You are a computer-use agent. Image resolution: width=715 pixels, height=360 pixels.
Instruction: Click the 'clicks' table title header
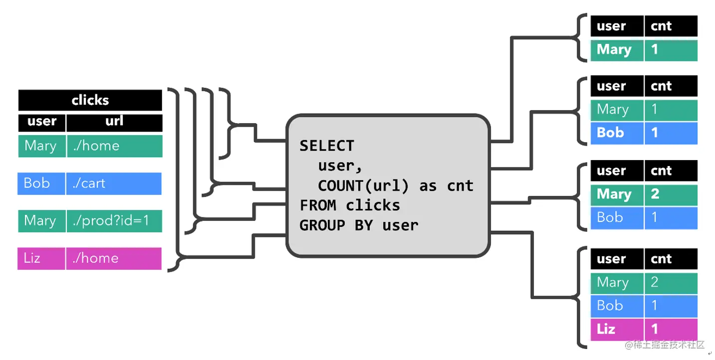[90, 100]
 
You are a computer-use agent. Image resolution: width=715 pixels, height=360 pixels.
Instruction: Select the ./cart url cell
[114, 183]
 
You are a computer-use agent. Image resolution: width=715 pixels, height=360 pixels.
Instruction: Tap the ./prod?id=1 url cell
[114, 221]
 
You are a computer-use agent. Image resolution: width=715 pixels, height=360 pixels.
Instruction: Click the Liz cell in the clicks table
[41, 258]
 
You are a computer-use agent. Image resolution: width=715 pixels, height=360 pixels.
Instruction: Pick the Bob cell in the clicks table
[41, 183]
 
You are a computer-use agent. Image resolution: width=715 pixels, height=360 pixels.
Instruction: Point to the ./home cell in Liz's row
[114, 258]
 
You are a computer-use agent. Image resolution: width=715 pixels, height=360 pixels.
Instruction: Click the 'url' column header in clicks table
[114, 121]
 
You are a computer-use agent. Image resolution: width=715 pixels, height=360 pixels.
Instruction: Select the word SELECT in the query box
[327, 146]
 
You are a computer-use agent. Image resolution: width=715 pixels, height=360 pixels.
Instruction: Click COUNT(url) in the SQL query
[363, 185]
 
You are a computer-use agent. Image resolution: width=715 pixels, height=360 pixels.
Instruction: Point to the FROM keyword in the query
[317, 205]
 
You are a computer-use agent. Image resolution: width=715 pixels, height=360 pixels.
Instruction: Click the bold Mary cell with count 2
[617, 194]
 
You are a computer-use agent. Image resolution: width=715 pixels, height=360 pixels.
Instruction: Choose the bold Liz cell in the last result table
[617, 329]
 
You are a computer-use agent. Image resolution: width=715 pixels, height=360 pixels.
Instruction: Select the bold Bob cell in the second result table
[617, 133]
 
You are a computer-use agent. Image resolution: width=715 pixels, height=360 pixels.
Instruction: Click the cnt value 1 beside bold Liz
[670, 329]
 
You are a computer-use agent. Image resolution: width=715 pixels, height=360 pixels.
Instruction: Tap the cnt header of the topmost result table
[670, 26]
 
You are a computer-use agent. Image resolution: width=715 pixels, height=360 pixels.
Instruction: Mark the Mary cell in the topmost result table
[617, 50]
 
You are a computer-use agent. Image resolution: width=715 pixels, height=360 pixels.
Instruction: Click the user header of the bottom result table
[617, 259]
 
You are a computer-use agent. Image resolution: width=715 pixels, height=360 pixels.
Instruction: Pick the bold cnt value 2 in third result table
[670, 194]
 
